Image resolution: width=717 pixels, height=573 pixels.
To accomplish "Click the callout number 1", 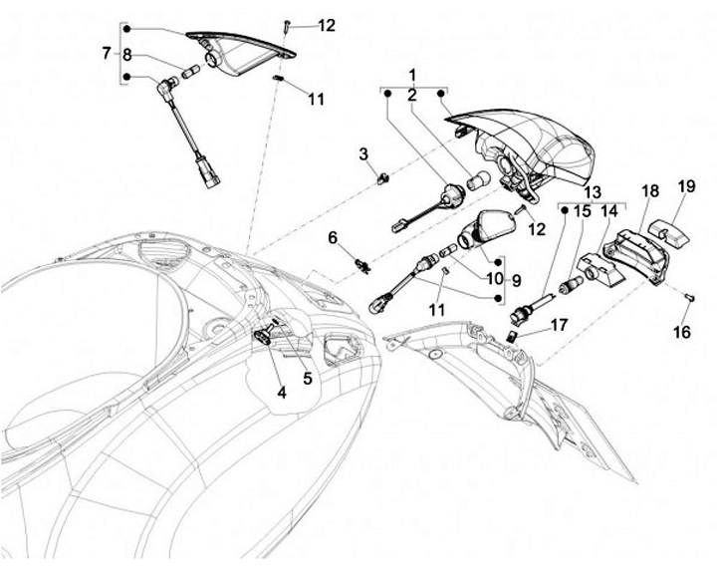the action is (413, 75).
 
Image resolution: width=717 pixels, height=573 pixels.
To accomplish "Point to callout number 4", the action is (282, 393).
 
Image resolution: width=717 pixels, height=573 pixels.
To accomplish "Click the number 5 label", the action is (308, 378).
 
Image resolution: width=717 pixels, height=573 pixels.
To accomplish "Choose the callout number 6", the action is (334, 237).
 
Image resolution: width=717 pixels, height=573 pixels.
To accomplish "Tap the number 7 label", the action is (107, 53).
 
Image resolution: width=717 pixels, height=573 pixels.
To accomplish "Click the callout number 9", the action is (517, 280).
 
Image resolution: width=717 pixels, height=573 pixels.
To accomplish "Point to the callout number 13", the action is (593, 191).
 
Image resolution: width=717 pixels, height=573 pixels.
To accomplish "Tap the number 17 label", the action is (560, 324).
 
